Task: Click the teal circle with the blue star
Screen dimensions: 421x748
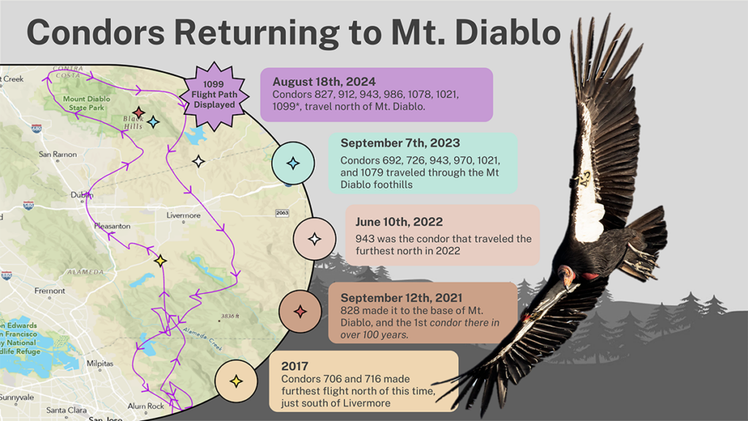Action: click(x=293, y=163)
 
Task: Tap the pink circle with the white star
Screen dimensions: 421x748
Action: click(x=314, y=238)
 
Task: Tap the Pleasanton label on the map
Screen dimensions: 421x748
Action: click(x=112, y=227)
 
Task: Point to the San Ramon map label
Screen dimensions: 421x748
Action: click(x=56, y=154)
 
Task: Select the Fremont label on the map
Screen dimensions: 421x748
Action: click(x=50, y=290)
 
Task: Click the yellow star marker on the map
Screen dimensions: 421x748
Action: click(x=161, y=260)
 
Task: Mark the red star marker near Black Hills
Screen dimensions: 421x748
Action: click(x=139, y=112)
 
